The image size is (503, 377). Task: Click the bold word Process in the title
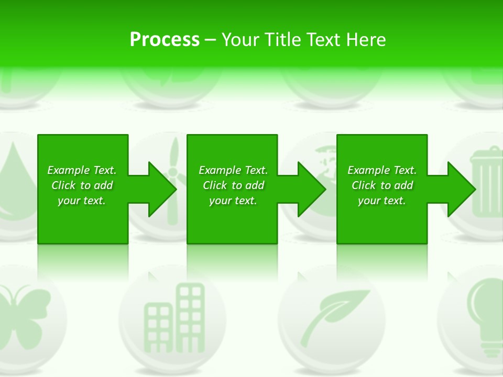click(165, 40)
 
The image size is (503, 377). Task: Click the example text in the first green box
click(82, 185)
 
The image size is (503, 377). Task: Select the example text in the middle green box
click(233, 185)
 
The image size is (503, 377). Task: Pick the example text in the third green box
click(382, 185)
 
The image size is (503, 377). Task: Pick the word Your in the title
click(240, 40)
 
